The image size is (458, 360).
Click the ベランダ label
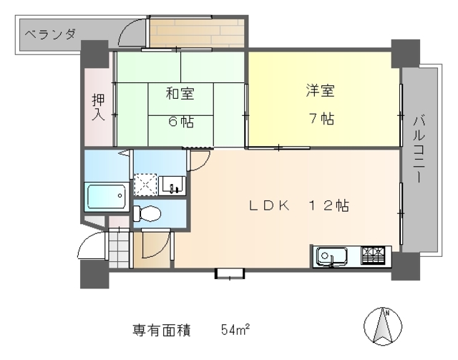[49, 33]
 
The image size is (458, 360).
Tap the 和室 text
[179, 93]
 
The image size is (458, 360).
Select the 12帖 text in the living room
[328, 205]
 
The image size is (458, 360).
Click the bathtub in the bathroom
[106, 197]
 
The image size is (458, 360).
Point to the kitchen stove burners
[373, 253]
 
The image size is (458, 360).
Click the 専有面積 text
[161, 330]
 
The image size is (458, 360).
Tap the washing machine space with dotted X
[145, 185]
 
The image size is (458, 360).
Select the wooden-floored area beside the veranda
[196, 33]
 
